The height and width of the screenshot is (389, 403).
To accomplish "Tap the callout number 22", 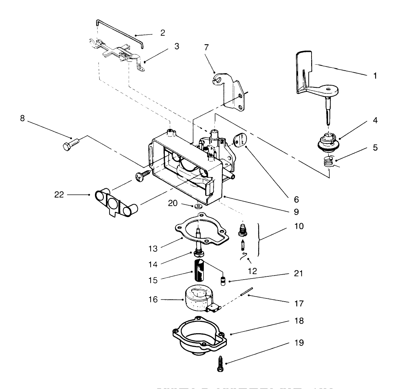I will [x=59, y=195].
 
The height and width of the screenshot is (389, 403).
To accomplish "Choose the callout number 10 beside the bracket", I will [x=299, y=226].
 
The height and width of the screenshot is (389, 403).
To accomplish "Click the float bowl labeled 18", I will [x=198, y=336].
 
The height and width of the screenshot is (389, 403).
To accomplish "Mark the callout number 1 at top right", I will [x=375, y=76].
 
